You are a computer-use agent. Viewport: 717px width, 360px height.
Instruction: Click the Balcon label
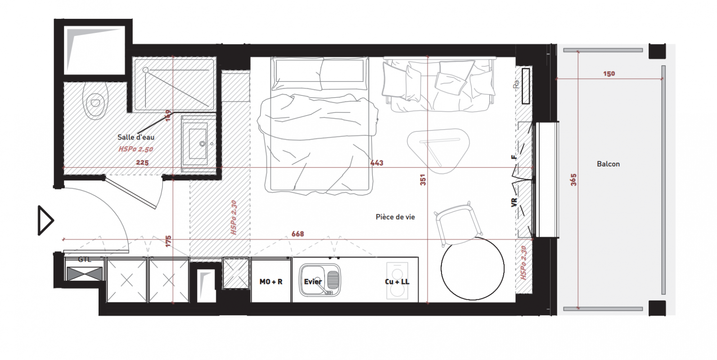(x=608, y=164)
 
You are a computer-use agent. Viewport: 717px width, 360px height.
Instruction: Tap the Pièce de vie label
(x=395, y=217)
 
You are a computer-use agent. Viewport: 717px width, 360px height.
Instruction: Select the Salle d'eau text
(x=136, y=137)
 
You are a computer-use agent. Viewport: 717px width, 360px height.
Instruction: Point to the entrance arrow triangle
(x=45, y=220)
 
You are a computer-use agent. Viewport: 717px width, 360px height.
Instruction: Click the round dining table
(x=473, y=268)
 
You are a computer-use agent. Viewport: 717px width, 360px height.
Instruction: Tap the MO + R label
(x=271, y=282)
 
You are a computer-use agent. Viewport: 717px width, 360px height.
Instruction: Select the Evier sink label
(x=313, y=282)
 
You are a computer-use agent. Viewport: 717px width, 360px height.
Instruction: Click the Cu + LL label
(x=397, y=282)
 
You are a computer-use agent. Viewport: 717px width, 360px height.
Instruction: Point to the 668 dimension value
(x=298, y=234)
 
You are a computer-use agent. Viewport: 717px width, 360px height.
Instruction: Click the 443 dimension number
(x=377, y=163)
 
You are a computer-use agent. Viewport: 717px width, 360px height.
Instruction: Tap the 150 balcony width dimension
(x=609, y=74)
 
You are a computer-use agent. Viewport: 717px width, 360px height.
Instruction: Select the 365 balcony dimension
(x=573, y=180)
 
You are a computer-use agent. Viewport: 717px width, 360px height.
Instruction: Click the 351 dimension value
(x=423, y=180)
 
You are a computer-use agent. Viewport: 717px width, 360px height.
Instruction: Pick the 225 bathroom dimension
(x=142, y=162)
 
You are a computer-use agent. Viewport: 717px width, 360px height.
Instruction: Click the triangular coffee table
(x=438, y=150)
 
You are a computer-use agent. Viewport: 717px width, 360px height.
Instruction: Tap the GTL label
(x=85, y=260)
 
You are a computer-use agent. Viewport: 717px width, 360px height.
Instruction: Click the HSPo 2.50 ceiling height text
(x=136, y=149)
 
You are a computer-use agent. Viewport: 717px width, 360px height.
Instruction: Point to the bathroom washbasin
(x=198, y=144)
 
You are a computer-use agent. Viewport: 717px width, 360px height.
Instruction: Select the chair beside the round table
(x=458, y=224)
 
